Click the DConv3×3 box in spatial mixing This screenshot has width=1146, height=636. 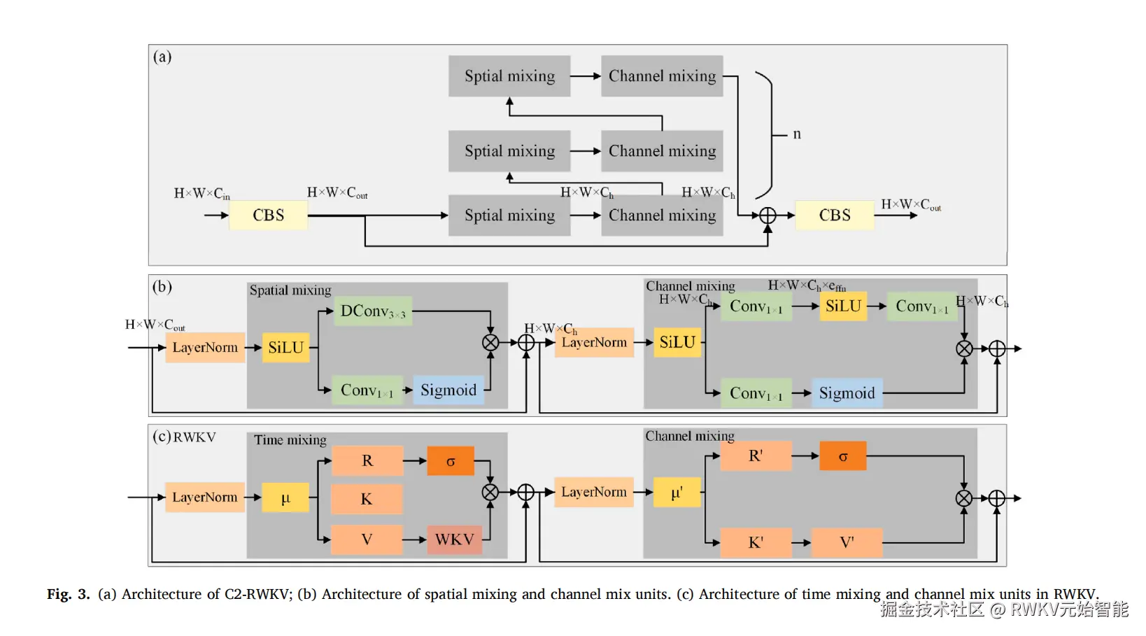tap(373, 311)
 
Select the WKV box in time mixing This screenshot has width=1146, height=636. tap(455, 539)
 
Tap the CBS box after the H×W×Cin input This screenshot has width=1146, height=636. tap(269, 215)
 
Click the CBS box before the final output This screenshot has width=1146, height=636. tap(835, 215)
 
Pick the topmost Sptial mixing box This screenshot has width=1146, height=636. tap(509, 76)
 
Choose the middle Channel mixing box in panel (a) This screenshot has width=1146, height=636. tap(662, 151)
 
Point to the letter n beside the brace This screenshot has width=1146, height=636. tap(797, 134)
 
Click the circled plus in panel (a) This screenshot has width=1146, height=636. tap(767, 215)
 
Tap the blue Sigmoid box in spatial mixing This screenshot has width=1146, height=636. tap(448, 390)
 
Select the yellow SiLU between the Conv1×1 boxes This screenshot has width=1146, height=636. tap(843, 306)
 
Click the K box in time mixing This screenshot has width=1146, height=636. tap(367, 500)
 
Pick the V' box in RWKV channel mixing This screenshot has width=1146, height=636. tap(847, 543)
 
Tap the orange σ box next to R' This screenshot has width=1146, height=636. tap(843, 456)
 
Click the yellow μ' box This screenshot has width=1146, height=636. tap(677, 493)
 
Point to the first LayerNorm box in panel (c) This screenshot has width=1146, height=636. tap(205, 497)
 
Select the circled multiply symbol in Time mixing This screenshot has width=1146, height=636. tap(490, 493)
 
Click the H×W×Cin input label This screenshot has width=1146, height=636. tap(201, 194)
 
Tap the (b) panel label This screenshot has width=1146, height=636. tap(162, 287)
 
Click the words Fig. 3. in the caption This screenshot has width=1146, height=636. tap(69, 594)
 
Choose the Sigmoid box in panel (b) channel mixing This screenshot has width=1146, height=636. tap(847, 393)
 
